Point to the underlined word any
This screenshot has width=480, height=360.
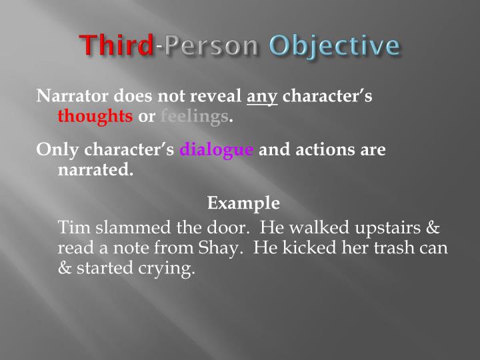click(x=262, y=97)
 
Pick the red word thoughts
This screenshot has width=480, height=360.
click(x=95, y=117)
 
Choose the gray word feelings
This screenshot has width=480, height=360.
click(x=194, y=117)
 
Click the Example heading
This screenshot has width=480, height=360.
click(x=243, y=203)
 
